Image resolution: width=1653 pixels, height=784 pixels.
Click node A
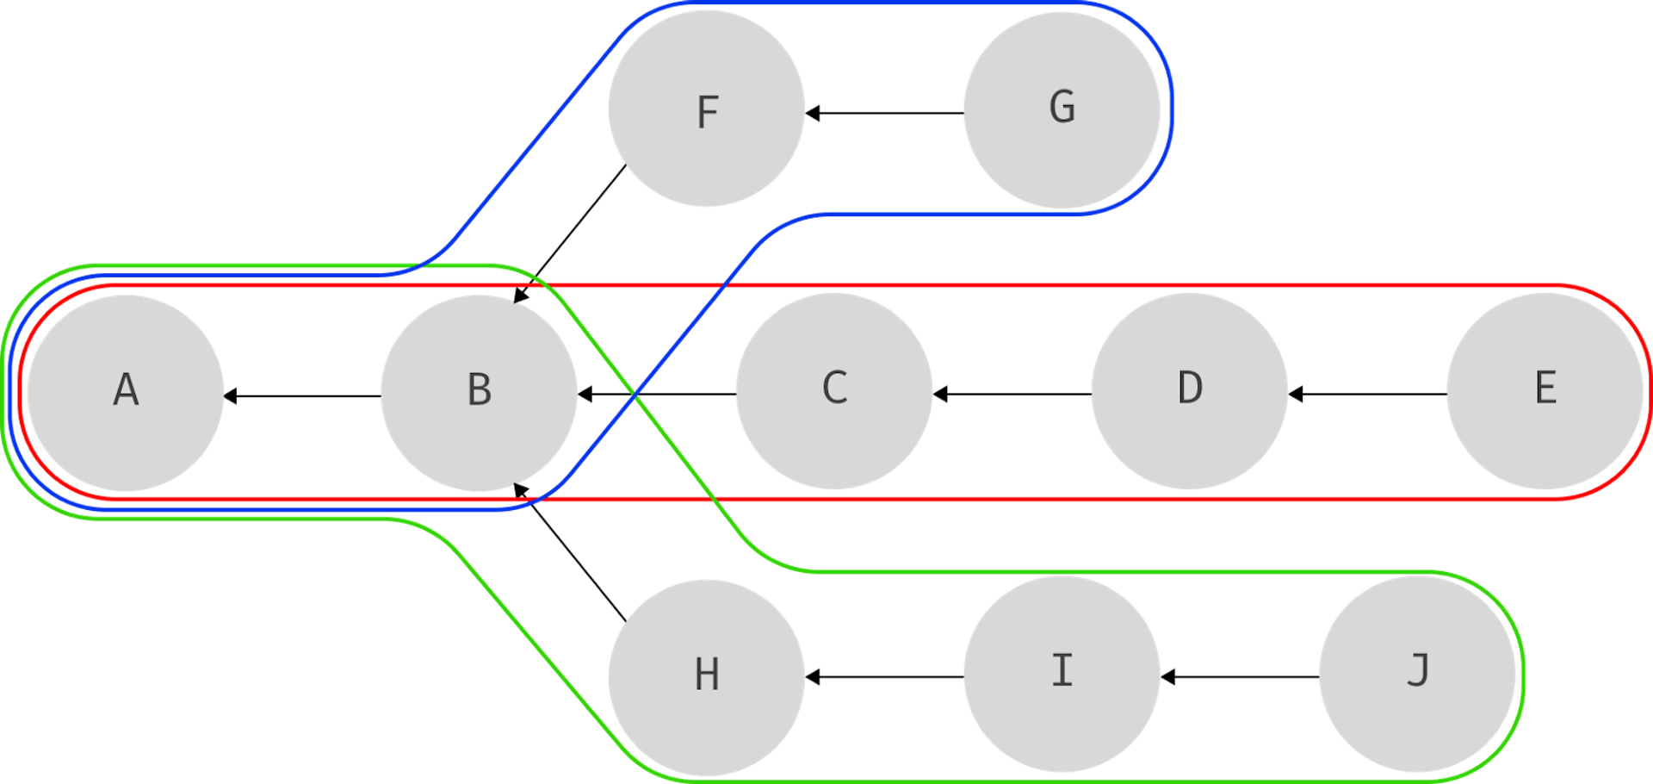126,393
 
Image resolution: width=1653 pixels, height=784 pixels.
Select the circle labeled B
479,393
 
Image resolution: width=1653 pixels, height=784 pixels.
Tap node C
833,391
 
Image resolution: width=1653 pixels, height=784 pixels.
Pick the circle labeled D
1189,391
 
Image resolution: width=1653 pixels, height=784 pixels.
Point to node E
1545,391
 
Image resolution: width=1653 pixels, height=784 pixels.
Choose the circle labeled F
706,109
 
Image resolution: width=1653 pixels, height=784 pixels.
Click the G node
1062,109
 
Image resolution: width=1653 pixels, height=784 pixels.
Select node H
706,677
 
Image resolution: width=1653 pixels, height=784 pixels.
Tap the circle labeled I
1062,674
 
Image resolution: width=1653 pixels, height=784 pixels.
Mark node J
1417,674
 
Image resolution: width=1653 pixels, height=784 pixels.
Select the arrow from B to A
302,396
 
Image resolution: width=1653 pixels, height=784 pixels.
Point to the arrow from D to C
1012,395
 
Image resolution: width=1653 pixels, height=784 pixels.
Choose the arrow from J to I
1240,677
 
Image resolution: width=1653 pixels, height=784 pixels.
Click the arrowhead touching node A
231,396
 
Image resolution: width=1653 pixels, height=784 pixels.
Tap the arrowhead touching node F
812,113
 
